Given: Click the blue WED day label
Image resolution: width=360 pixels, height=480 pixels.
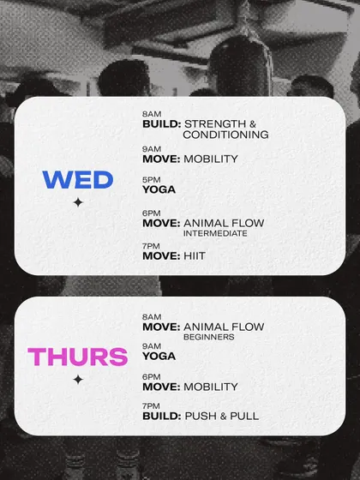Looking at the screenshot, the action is coord(78,180).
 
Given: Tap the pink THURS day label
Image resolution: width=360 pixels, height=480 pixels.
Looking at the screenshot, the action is coord(77,357).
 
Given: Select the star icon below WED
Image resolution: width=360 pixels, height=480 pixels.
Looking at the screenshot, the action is coord(78,202).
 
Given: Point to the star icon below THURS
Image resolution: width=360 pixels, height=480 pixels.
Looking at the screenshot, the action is coord(78,380).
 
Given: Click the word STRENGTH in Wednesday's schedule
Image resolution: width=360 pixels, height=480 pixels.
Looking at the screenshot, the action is coord(215,124).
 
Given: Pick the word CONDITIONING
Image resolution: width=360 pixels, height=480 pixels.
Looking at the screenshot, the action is coord(226,135).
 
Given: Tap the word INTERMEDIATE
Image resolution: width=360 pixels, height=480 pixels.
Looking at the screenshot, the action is coord(215,233).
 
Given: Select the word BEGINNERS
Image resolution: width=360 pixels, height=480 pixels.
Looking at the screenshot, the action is coord(209,337).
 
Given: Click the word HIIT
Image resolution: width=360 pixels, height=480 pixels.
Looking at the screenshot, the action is coord(195,256).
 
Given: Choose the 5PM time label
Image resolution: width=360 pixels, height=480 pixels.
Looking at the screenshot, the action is coord(151,180).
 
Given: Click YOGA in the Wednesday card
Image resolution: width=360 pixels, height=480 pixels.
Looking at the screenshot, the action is coord(159,189).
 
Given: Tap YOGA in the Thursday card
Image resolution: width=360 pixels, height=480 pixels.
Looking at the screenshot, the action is coord(159,357).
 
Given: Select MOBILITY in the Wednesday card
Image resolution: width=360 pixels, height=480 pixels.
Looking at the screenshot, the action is coord(211,159).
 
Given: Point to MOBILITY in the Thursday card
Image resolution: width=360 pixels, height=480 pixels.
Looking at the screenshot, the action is coord(211,387).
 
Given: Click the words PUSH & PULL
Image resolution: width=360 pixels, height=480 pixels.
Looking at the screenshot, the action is coord(222,417).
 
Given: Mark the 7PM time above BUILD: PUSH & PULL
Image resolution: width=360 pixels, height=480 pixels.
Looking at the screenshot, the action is coord(151,406).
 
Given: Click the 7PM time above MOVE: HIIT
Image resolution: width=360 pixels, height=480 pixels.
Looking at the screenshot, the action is coord(151,246).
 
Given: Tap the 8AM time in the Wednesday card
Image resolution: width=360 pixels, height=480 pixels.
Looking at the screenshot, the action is coord(152,114).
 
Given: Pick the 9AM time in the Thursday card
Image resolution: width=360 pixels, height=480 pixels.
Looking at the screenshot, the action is coord(152,346).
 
